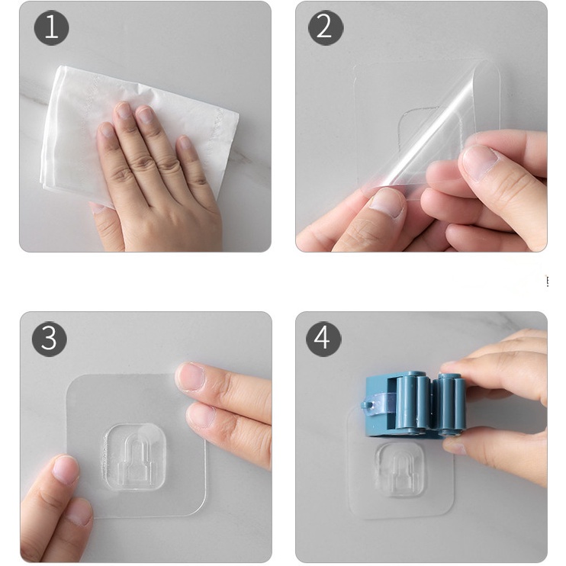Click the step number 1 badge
tap(51, 27)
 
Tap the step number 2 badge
tap(326, 27)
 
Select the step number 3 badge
tap(50, 339)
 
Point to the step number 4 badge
tap(323, 339)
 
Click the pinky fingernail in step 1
tap(185, 142)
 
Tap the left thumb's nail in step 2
tap(387, 202)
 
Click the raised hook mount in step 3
tap(135, 457)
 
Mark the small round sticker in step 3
tap(149, 435)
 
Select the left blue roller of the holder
tap(413, 403)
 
